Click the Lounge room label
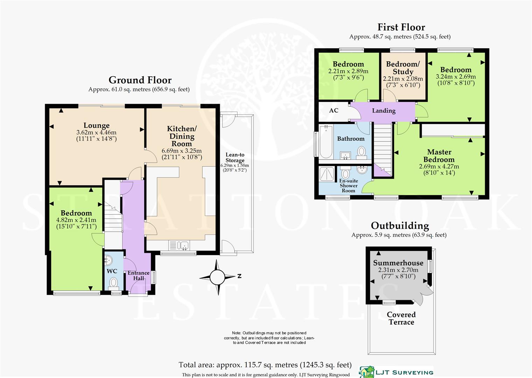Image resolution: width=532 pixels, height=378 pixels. [x=96, y=125]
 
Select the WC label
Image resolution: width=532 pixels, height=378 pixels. [x=112, y=271]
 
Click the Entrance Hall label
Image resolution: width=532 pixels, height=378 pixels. [x=138, y=275]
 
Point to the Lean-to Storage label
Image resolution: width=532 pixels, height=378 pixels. [x=235, y=157]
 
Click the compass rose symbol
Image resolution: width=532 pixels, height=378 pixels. [x=217, y=278]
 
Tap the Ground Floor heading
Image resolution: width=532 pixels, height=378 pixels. [x=140, y=80]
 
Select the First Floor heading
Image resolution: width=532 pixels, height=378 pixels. [x=401, y=27]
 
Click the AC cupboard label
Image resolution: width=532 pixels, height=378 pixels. [x=334, y=111]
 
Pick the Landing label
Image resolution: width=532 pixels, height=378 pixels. [x=384, y=111]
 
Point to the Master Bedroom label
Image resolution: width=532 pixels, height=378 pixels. [x=439, y=156]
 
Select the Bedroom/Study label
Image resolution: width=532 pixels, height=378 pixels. [x=403, y=68]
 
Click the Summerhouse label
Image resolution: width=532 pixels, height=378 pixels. [x=398, y=263]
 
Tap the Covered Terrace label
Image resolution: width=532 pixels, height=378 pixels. [x=401, y=318]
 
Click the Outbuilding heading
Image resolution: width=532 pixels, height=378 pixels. [x=400, y=226]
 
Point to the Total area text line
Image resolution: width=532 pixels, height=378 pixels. [x=265, y=365]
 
